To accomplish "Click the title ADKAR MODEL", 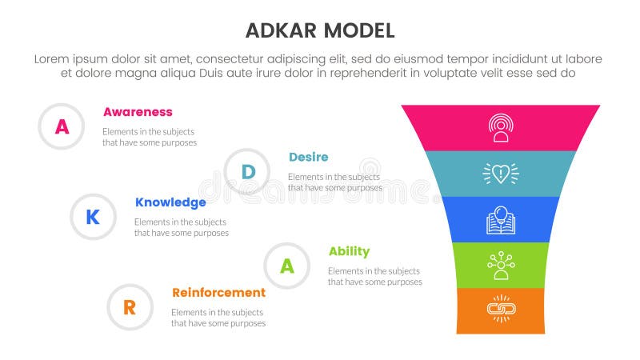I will pos(319,30).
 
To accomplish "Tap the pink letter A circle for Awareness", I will pos(62,126).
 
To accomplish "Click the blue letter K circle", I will pos(94,217).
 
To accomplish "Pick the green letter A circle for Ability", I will pos(287,266).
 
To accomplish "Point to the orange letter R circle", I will pos(130,307).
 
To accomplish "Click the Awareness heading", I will pos(137,112).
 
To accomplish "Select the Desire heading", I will pos(308,157).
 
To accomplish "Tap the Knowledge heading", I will pos(170,202).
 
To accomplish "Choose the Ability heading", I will pos(349,251).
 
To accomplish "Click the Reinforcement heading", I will pos(218,293).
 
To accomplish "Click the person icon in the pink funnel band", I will pos(501,128).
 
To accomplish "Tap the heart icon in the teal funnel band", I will pos(501,174).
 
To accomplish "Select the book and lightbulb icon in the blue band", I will pos(501,220).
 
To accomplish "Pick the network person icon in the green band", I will pos(501,266).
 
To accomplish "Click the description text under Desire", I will pos(334,182).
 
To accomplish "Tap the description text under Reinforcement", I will pos(218,318).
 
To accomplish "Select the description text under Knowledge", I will pos(181,227).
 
